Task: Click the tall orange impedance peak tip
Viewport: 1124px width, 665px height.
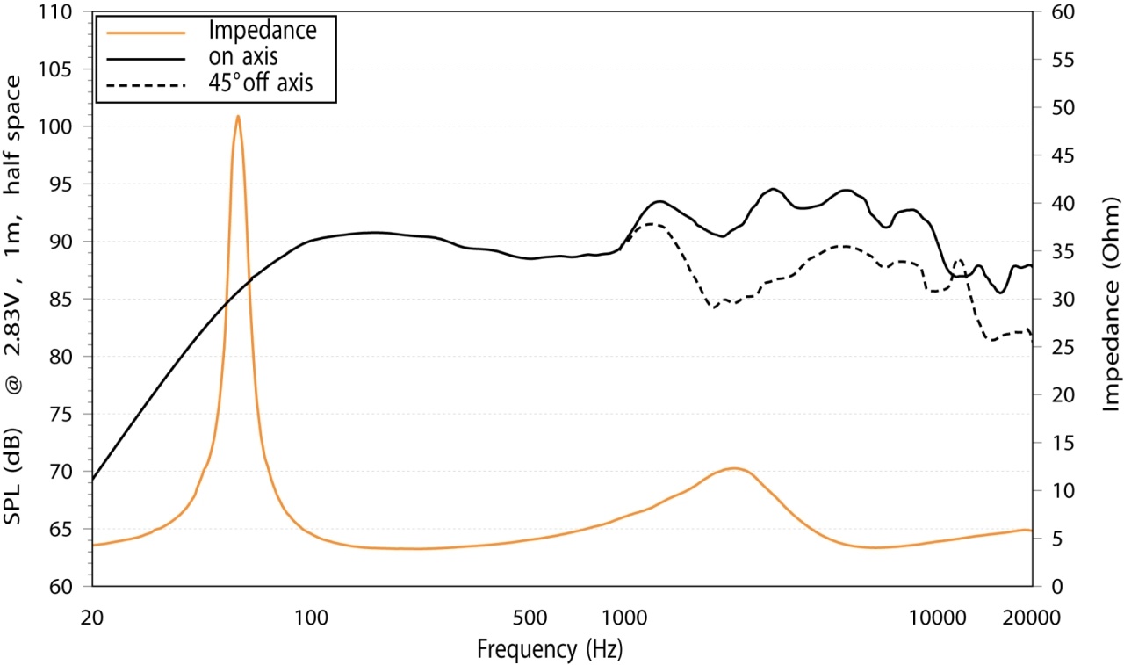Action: click(238, 117)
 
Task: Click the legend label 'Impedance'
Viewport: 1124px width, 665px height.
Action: click(263, 30)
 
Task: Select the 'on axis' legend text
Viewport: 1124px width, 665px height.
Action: click(243, 57)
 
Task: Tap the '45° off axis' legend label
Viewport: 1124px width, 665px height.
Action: click(261, 83)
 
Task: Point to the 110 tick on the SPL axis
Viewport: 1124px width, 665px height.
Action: click(55, 11)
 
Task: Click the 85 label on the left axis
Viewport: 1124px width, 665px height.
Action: click(61, 300)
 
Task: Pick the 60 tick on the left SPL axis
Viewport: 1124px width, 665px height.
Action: click(61, 586)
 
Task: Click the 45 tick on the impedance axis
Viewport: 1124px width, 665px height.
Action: click(1063, 155)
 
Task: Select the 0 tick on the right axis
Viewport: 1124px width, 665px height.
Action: click(1056, 586)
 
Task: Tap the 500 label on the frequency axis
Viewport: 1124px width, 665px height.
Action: click(530, 618)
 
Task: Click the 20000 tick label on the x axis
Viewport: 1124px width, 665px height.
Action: click(1032, 618)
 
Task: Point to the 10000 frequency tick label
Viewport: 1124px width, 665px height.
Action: click(938, 618)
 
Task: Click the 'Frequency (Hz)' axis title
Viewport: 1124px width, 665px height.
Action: click(550, 649)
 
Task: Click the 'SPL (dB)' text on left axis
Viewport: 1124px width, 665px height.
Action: click(12, 476)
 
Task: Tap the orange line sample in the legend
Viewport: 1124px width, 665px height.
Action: click(146, 33)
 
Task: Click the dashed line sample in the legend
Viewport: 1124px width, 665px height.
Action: click(146, 85)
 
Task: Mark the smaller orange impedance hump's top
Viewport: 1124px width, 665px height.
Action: click(733, 469)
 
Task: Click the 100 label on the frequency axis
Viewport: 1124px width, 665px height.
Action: click(311, 618)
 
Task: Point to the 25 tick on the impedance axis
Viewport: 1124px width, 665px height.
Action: click(1063, 347)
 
